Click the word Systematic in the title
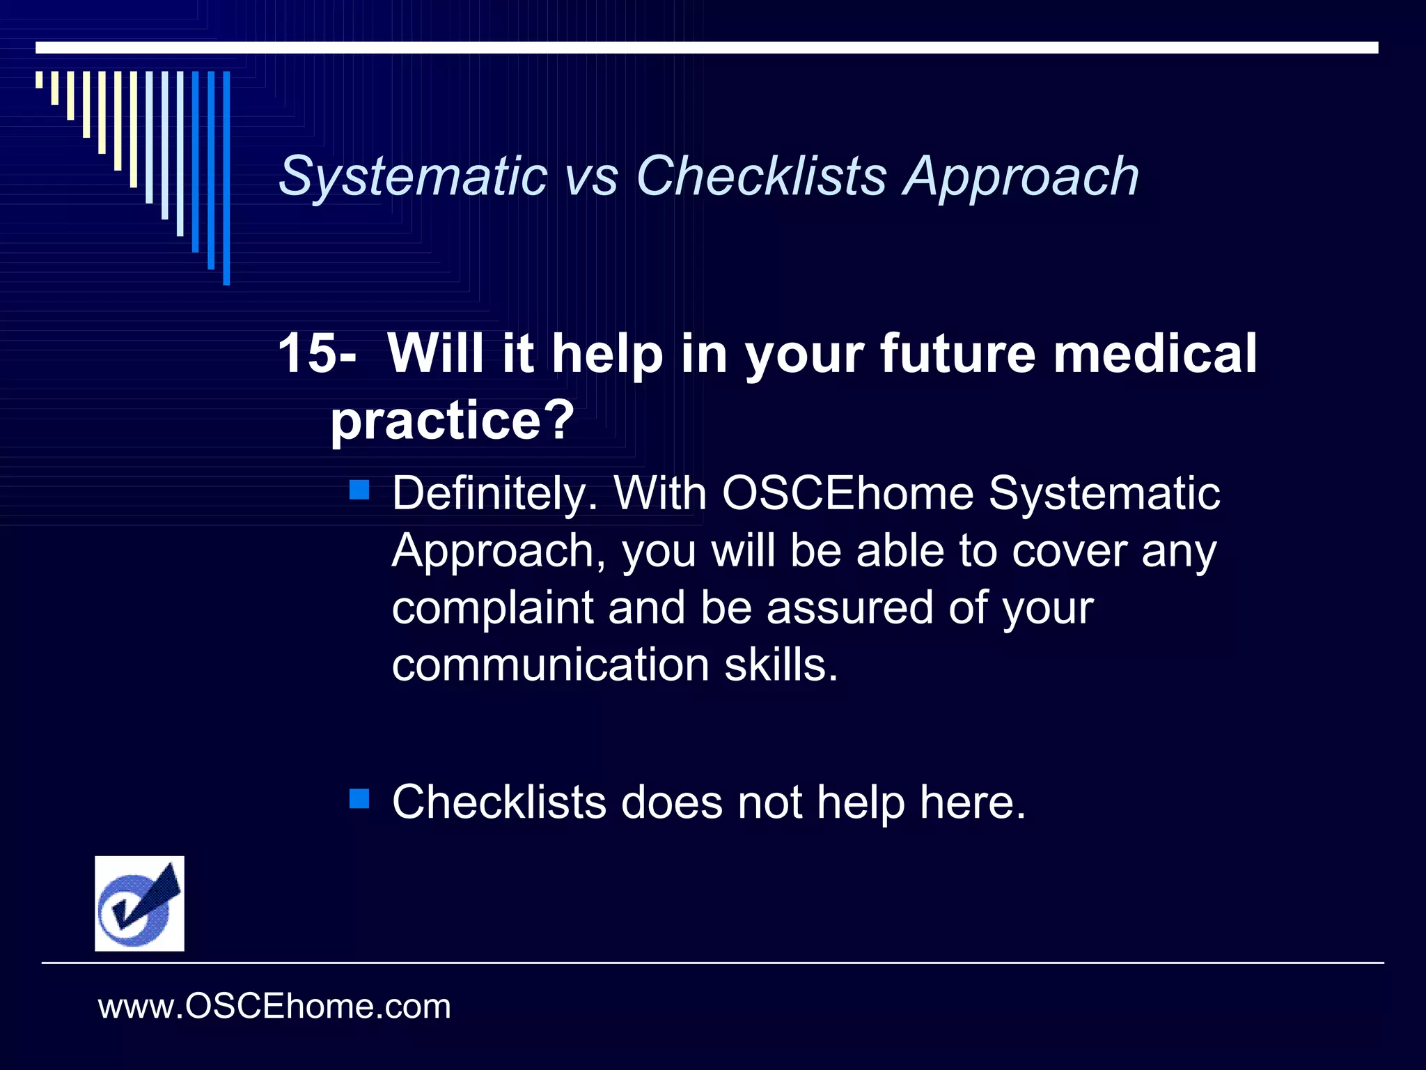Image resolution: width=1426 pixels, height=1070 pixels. pyautogui.click(x=412, y=176)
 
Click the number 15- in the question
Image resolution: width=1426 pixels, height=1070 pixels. pyautogui.click(x=317, y=353)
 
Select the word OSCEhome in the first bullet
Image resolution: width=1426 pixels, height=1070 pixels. pyautogui.click(x=847, y=494)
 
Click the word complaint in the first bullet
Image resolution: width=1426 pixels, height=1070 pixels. pyautogui.click(x=492, y=608)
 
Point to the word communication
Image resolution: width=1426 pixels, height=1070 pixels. pyautogui.click(x=551, y=665)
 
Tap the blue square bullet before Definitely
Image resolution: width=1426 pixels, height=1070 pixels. pyautogui.click(x=359, y=490)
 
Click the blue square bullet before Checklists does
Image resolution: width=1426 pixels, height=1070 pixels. pyautogui.click(x=359, y=798)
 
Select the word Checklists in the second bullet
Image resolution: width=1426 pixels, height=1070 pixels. pyautogui.click(x=499, y=802)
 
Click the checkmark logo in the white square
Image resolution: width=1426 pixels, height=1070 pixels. pyautogui.click(x=139, y=904)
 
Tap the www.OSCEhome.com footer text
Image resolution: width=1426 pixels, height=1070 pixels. pyautogui.click(x=274, y=1007)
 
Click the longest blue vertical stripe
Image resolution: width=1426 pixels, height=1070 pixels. pyautogui.click(x=226, y=178)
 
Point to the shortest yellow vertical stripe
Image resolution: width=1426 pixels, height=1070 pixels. pyautogui.click(x=39, y=79)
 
